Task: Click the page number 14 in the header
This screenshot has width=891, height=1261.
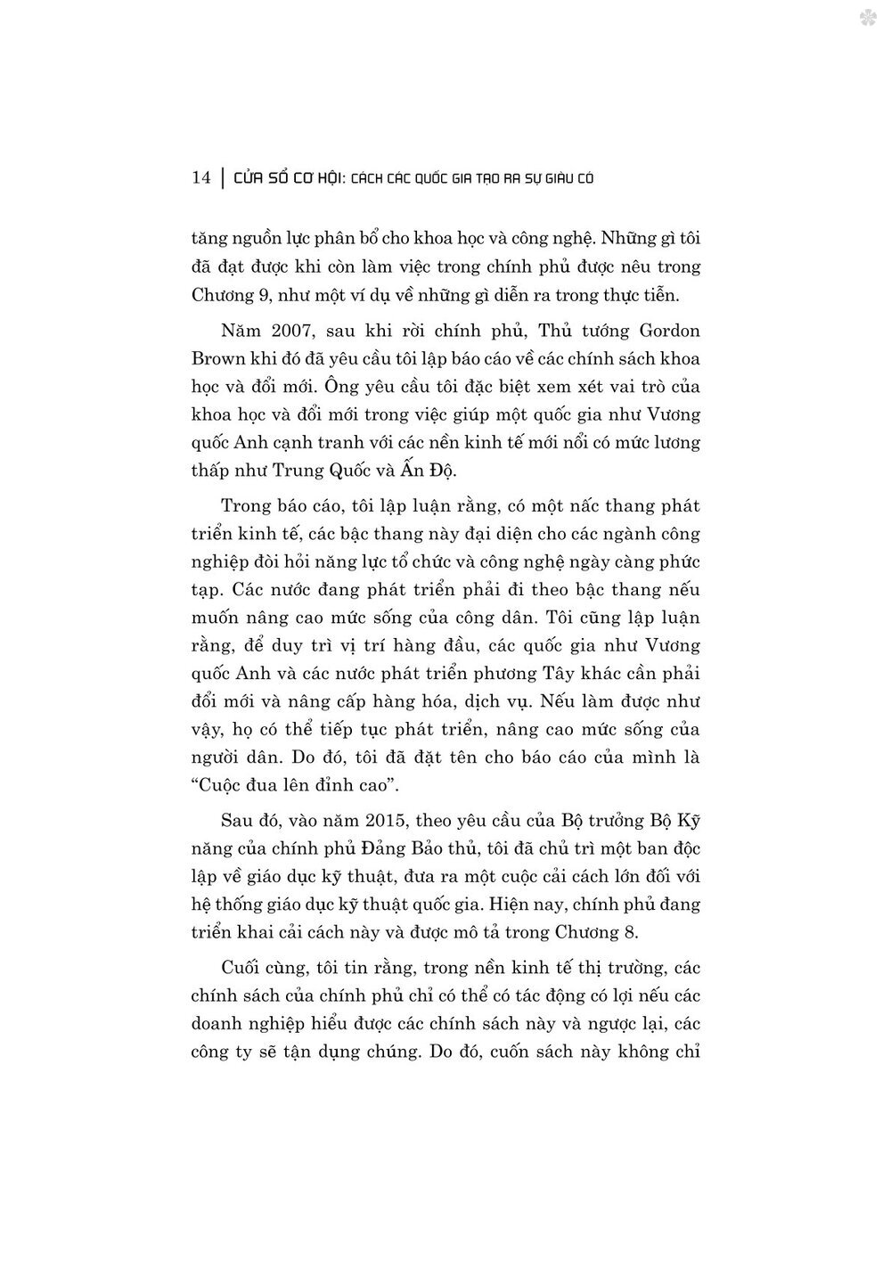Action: pos(200,178)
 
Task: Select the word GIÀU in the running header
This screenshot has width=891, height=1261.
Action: pos(552,178)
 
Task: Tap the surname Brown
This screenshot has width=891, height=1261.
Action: pos(217,359)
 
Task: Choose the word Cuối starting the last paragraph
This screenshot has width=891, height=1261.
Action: pos(241,968)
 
